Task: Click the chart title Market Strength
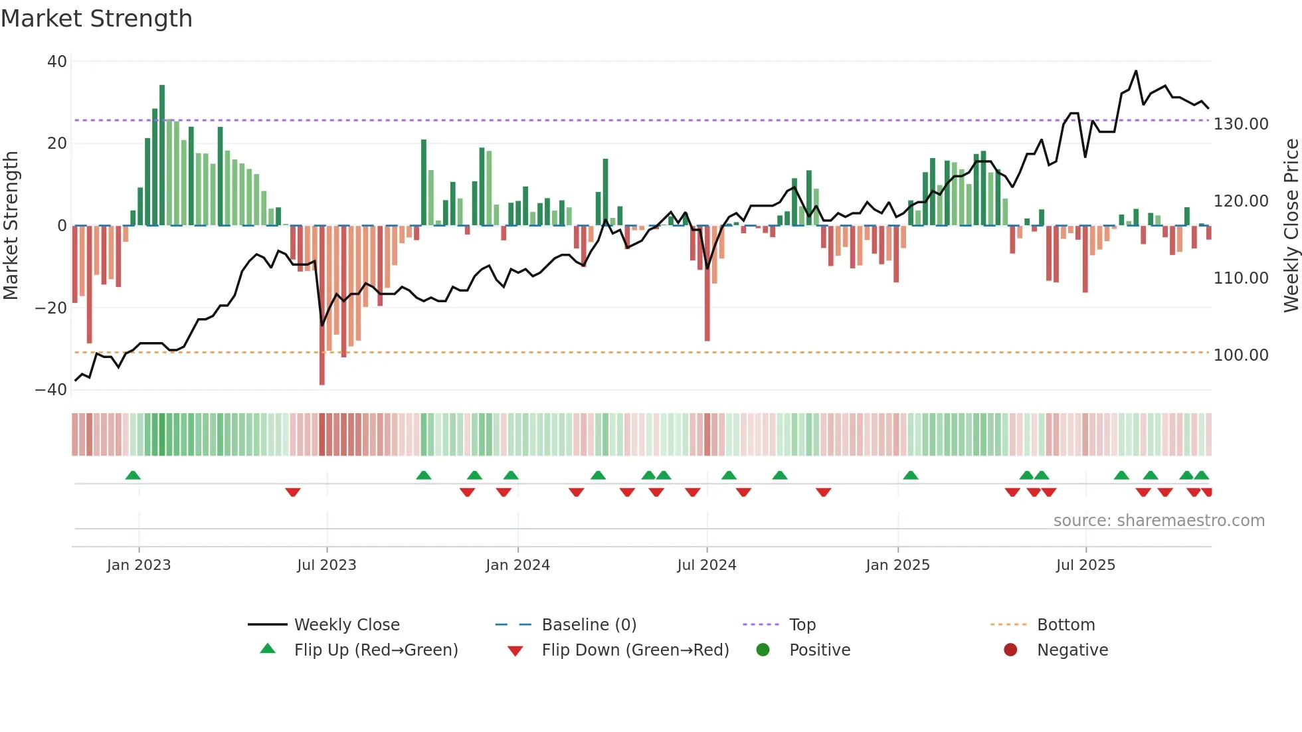[x=96, y=19]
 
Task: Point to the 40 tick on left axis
[x=57, y=62]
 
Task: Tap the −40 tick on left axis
[x=51, y=390]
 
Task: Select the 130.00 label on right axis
[x=1241, y=124]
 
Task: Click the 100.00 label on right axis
[x=1241, y=355]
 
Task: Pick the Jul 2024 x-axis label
[x=707, y=565]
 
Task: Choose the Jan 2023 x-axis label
[x=139, y=565]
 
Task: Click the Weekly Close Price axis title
[x=1291, y=226]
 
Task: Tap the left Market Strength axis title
[x=11, y=226]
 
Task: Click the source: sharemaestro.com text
[x=1159, y=521]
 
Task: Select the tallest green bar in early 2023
[x=162, y=153]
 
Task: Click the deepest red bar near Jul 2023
[x=322, y=306]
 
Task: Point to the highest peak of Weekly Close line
[x=1136, y=71]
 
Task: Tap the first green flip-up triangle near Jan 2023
[x=133, y=475]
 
